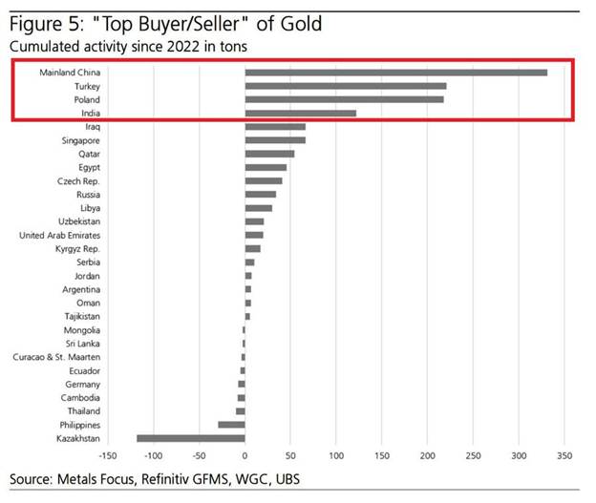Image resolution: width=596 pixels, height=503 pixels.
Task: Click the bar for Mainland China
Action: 395,73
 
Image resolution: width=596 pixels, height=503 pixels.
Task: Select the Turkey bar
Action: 346,86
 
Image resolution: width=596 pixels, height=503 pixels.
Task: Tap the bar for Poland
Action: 344,99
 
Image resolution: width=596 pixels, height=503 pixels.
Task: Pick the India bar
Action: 300,113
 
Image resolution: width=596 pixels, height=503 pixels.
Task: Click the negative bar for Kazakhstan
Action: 191,438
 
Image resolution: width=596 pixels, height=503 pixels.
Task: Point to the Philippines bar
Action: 231,425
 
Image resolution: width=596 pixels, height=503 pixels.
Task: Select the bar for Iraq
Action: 275,126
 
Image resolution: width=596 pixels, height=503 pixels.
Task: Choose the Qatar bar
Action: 269,154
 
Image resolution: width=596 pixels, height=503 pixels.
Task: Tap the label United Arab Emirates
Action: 59,235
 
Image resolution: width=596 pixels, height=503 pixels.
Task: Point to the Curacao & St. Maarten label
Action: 56,357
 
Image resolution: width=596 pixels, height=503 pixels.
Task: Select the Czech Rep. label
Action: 79,180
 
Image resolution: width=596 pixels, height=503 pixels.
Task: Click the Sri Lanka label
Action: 82,344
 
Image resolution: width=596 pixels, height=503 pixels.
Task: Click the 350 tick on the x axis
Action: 564,456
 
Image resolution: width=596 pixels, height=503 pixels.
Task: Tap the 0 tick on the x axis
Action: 245,456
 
